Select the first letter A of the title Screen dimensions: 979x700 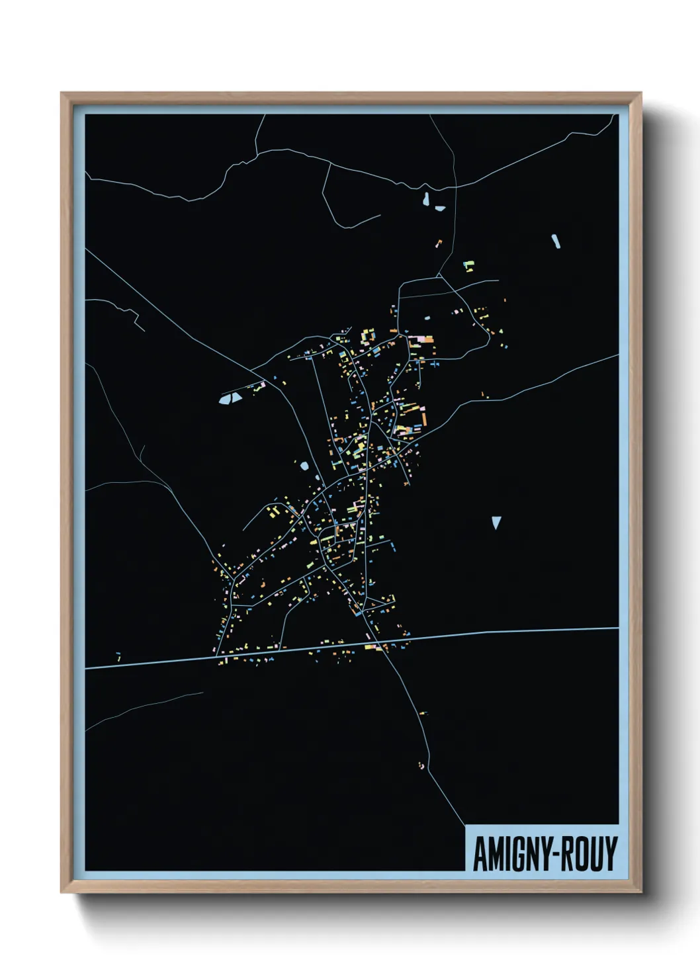480,853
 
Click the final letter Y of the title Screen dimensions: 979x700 611,853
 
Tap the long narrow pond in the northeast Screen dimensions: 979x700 556,241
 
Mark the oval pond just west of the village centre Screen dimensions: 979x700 304,466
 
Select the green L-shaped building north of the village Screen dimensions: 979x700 469,266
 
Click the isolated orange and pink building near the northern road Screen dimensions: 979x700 438,243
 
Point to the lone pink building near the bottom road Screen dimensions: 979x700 421,765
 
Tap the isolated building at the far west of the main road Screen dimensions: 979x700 118,657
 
